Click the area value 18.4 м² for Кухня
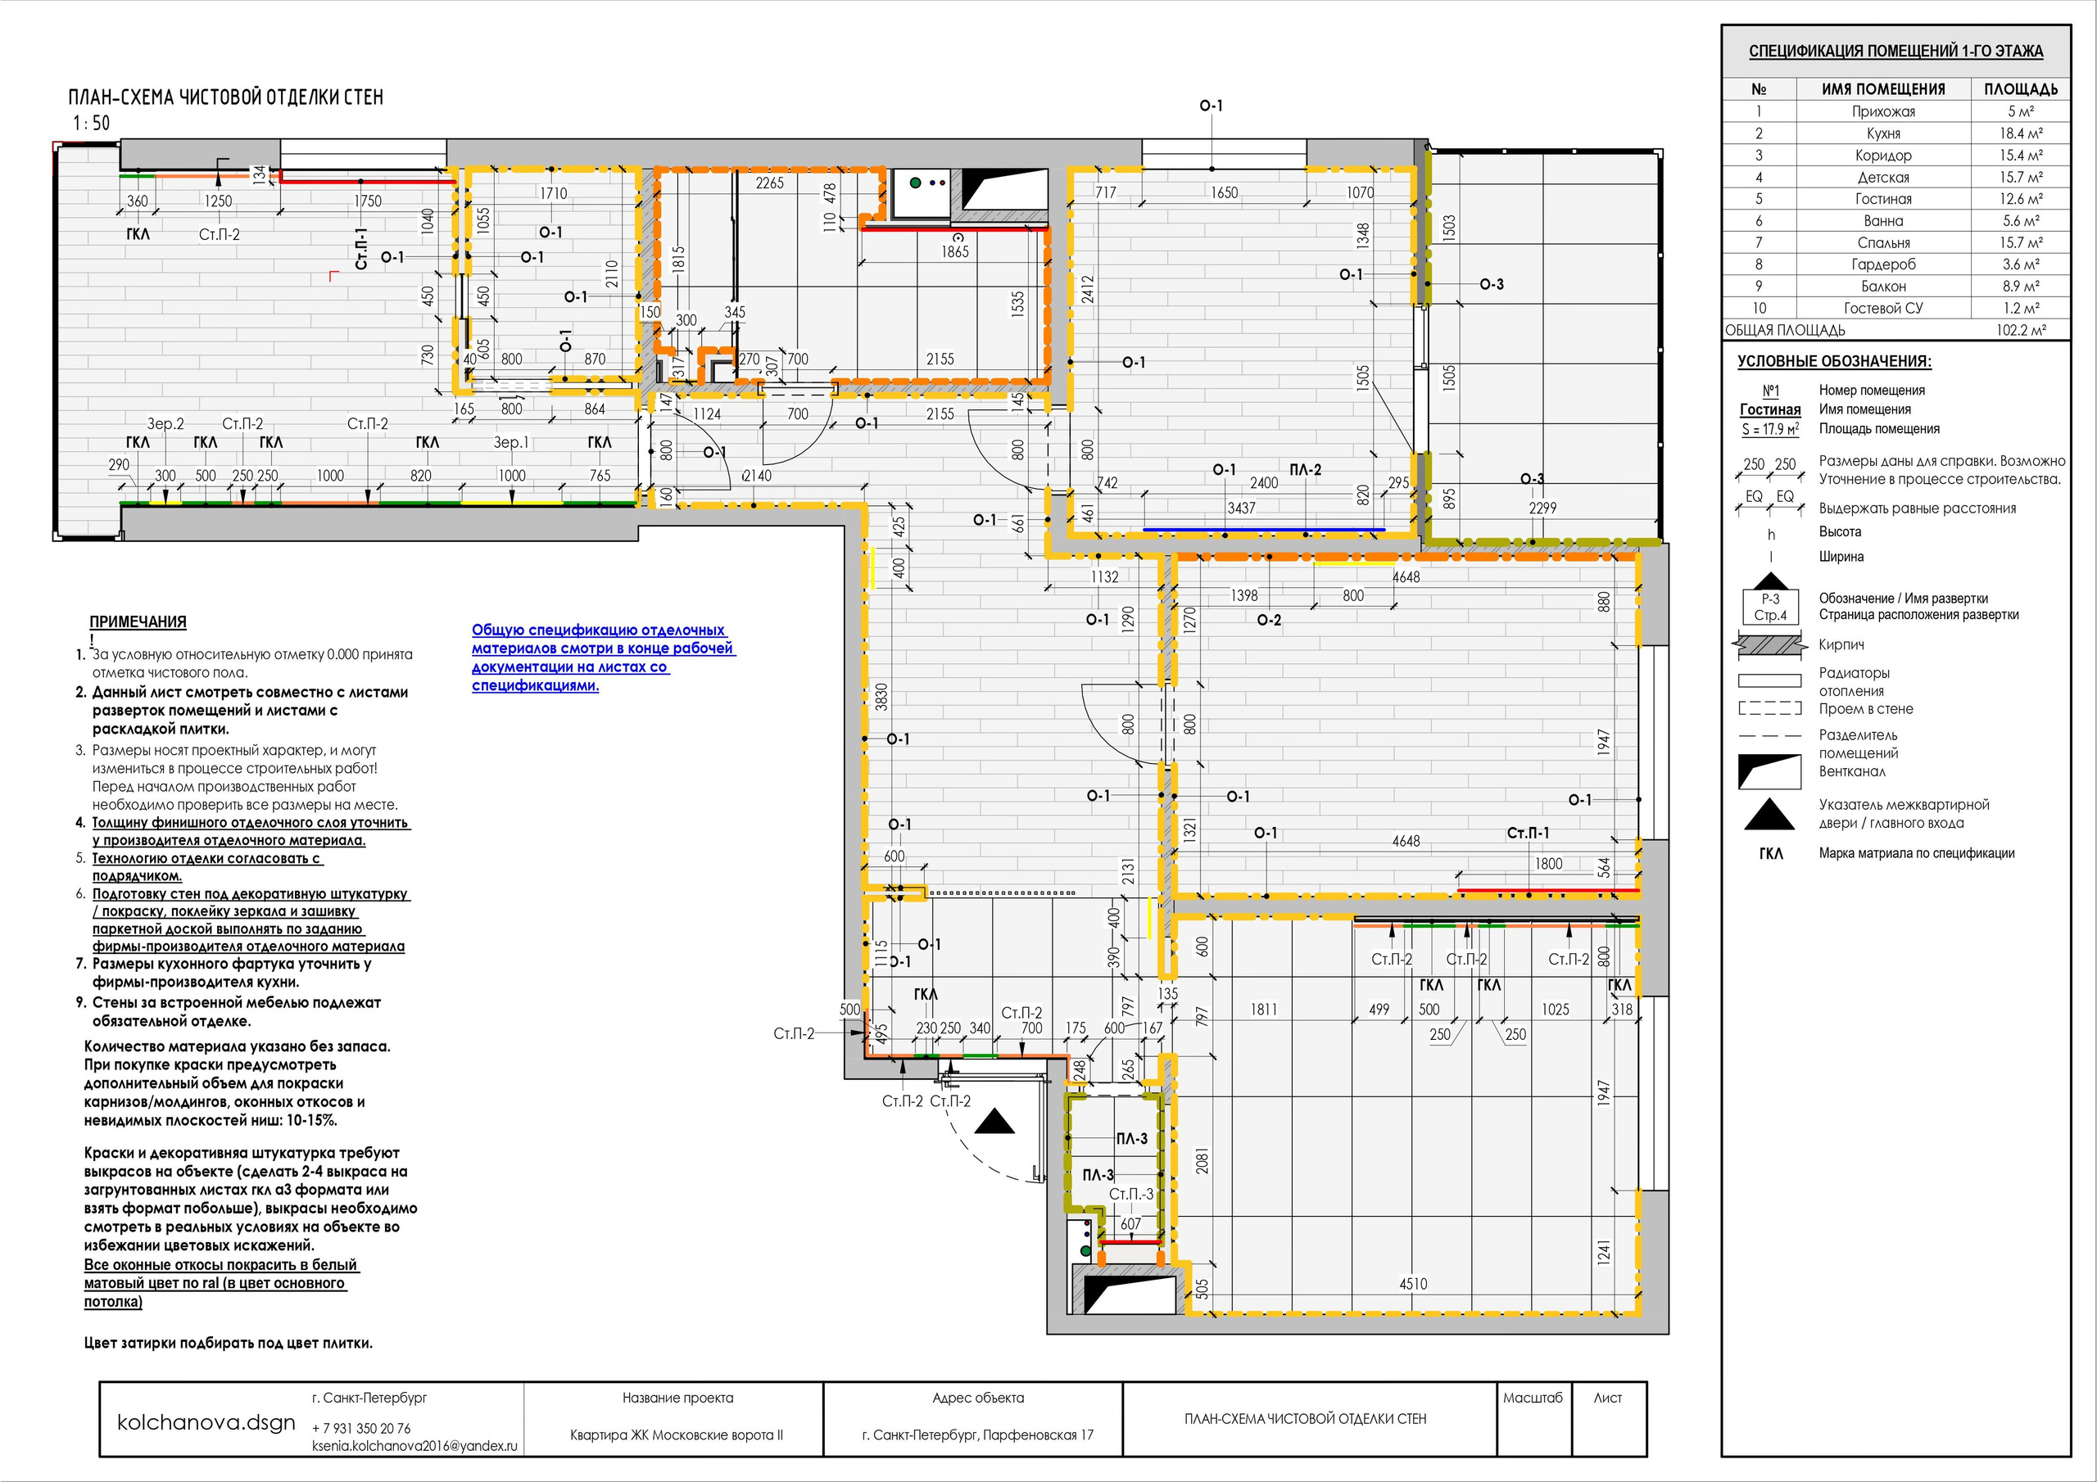pyautogui.click(x=2020, y=133)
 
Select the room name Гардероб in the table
pyautogui.click(x=1883, y=264)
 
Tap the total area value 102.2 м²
pyautogui.click(x=2020, y=331)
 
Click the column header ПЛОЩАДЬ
pyautogui.click(x=2020, y=89)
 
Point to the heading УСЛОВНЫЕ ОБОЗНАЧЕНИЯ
pyautogui.click(x=1834, y=362)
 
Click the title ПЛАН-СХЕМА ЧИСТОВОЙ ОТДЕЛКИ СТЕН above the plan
pyautogui.click(x=225, y=97)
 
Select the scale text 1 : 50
pyautogui.click(x=91, y=124)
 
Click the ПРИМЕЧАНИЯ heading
pyautogui.click(x=138, y=621)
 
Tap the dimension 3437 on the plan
pyautogui.click(x=1241, y=508)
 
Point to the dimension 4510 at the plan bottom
pyautogui.click(x=1413, y=1284)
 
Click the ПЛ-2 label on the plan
pyautogui.click(x=1305, y=470)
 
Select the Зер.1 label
pyautogui.click(x=511, y=443)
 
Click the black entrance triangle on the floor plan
pyautogui.click(x=994, y=1123)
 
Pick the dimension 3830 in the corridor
pyautogui.click(x=881, y=696)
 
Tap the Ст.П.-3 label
pyautogui.click(x=1130, y=1195)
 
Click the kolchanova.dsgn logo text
pyautogui.click(x=206, y=1423)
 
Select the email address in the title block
pyautogui.click(x=414, y=1447)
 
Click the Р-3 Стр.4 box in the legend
pyautogui.click(x=1770, y=608)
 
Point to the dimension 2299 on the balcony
pyautogui.click(x=1542, y=508)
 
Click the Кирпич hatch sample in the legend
pyautogui.click(x=1770, y=645)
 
